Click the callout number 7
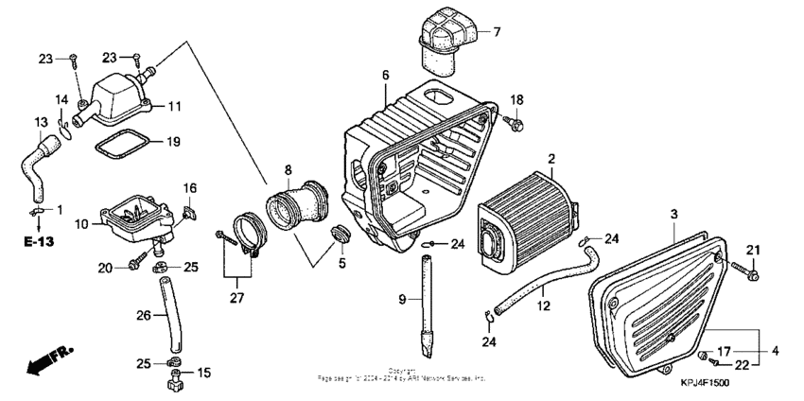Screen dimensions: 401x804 [x=497, y=32]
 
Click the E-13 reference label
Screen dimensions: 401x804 [x=38, y=241]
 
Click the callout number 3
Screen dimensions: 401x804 [x=674, y=217]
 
